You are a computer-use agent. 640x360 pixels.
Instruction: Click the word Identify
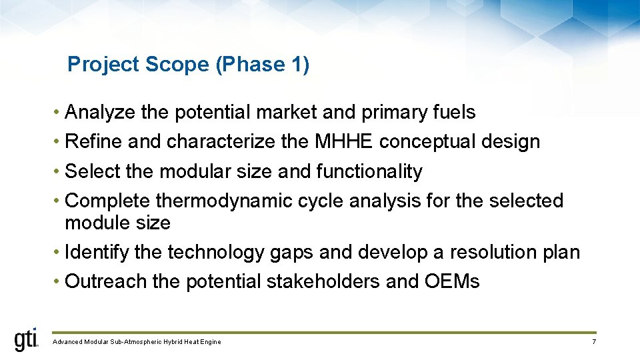(x=97, y=253)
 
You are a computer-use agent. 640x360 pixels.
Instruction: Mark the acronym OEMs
(x=451, y=282)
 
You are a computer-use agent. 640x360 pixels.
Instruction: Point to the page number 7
(x=593, y=342)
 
